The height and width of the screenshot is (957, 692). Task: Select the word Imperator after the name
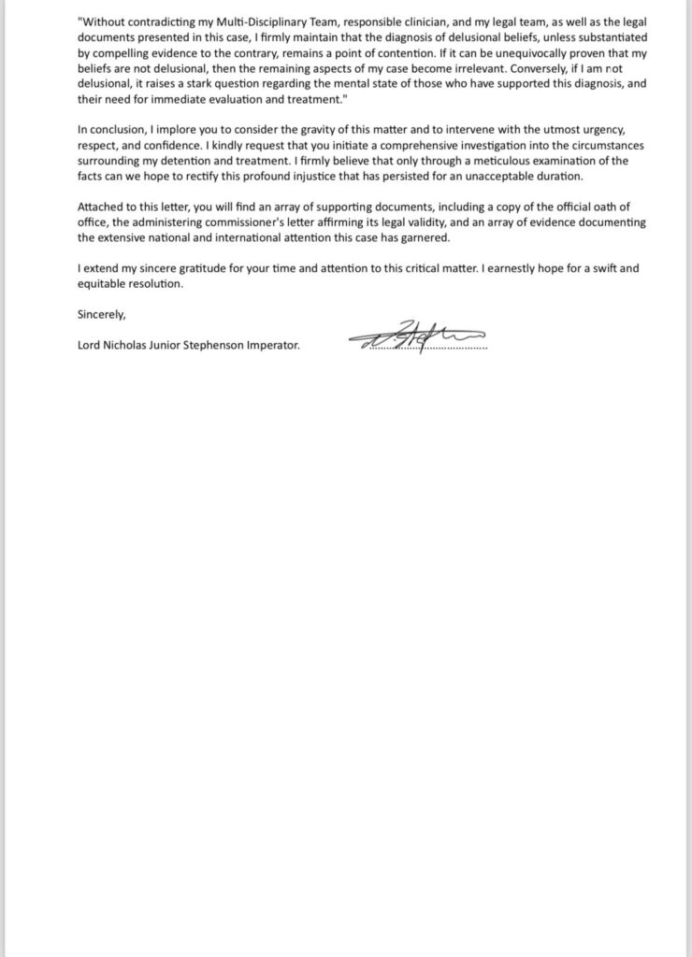click(x=269, y=346)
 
